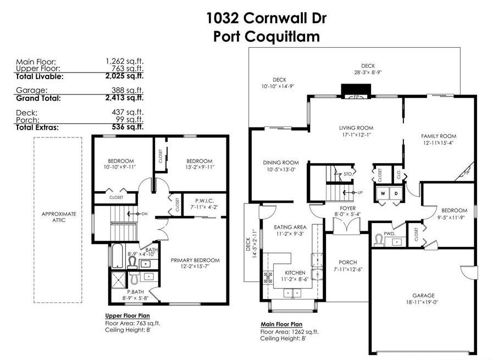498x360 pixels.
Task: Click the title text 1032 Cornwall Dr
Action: click(x=267, y=18)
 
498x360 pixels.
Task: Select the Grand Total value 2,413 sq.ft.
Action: click(x=124, y=98)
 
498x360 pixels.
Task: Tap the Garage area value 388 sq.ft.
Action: click(x=128, y=91)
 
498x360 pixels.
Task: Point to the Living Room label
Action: click(x=356, y=128)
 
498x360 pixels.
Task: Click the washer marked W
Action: click(x=383, y=193)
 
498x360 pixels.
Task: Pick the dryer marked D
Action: click(x=396, y=193)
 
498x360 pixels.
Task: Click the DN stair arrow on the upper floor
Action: click(x=135, y=214)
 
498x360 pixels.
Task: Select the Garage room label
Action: click(x=423, y=295)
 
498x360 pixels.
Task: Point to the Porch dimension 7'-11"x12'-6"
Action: click(x=348, y=269)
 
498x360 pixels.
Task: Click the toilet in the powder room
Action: click(x=379, y=240)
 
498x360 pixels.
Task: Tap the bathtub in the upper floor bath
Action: click(x=117, y=256)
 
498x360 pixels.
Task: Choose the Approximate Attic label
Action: click(x=59, y=217)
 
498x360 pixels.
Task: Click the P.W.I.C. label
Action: click(x=204, y=201)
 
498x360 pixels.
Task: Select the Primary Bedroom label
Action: click(x=195, y=261)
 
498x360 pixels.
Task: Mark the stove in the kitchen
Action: click(x=268, y=278)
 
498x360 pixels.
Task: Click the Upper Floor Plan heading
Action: click(x=128, y=315)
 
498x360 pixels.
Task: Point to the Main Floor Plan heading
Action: click(x=281, y=324)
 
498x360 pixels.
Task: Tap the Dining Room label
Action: click(x=281, y=163)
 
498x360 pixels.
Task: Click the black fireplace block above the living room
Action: click(x=356, y=90)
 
